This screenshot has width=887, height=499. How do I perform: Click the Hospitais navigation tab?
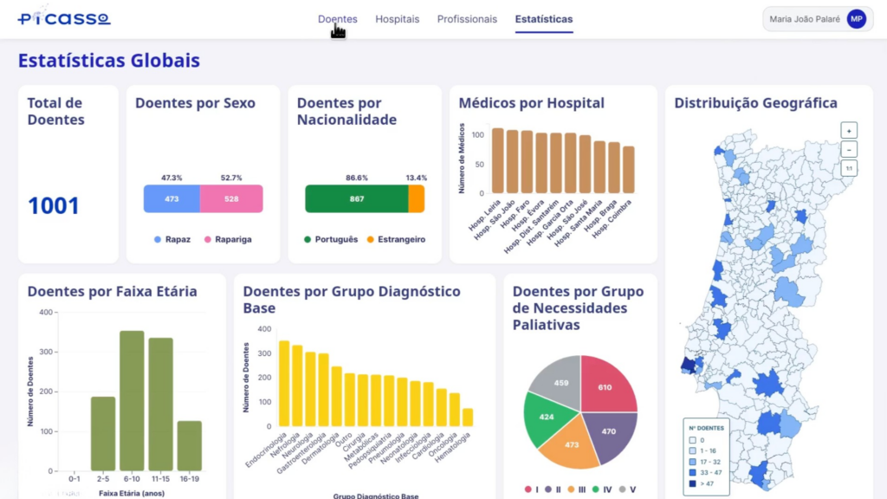397,19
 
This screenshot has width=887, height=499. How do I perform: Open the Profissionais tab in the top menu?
467,19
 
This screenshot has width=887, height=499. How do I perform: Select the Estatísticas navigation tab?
543,19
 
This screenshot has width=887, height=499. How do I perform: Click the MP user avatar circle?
856,19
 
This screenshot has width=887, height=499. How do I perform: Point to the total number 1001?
54,206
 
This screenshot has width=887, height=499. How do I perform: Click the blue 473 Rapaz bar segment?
172,198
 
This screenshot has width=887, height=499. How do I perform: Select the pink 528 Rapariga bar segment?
231,198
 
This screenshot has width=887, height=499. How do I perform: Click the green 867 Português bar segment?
356,198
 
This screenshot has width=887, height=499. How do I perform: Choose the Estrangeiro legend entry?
395,239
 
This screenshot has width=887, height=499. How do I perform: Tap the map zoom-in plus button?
849,130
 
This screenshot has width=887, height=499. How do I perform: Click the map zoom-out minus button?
849,149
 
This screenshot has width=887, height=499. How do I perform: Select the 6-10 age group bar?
132,400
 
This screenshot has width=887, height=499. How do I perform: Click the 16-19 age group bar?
190,445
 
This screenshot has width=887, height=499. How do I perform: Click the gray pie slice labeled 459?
557,382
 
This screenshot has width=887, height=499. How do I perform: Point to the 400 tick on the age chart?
45,312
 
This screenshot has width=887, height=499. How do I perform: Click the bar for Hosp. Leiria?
498,161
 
